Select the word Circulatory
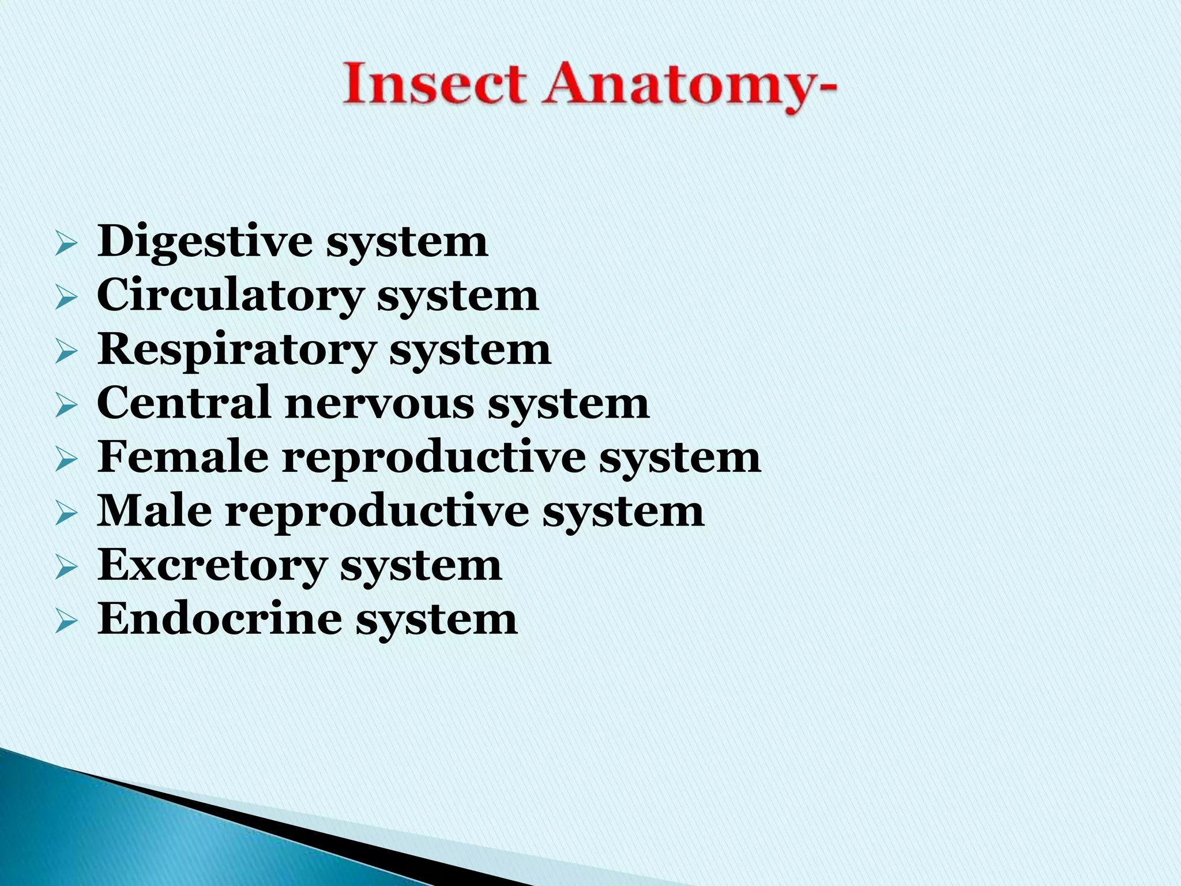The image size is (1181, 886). tap(230, 295)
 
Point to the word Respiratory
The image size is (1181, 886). tap(236, 351)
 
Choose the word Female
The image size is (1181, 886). tap(183, 456)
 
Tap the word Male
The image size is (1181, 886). tap(154, 510)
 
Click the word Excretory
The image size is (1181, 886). tap(212, 565)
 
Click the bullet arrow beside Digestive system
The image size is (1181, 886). tap(66, 245)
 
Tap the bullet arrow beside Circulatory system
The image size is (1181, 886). tap(66, 299)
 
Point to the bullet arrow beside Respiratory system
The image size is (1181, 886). tap(66, 352)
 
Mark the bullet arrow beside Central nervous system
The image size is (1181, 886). tap(66, 407)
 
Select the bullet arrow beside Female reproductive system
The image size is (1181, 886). tap(66, 460)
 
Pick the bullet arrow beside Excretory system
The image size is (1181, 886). tap(66, 568)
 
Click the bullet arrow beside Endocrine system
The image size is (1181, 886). tap(66, 622)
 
